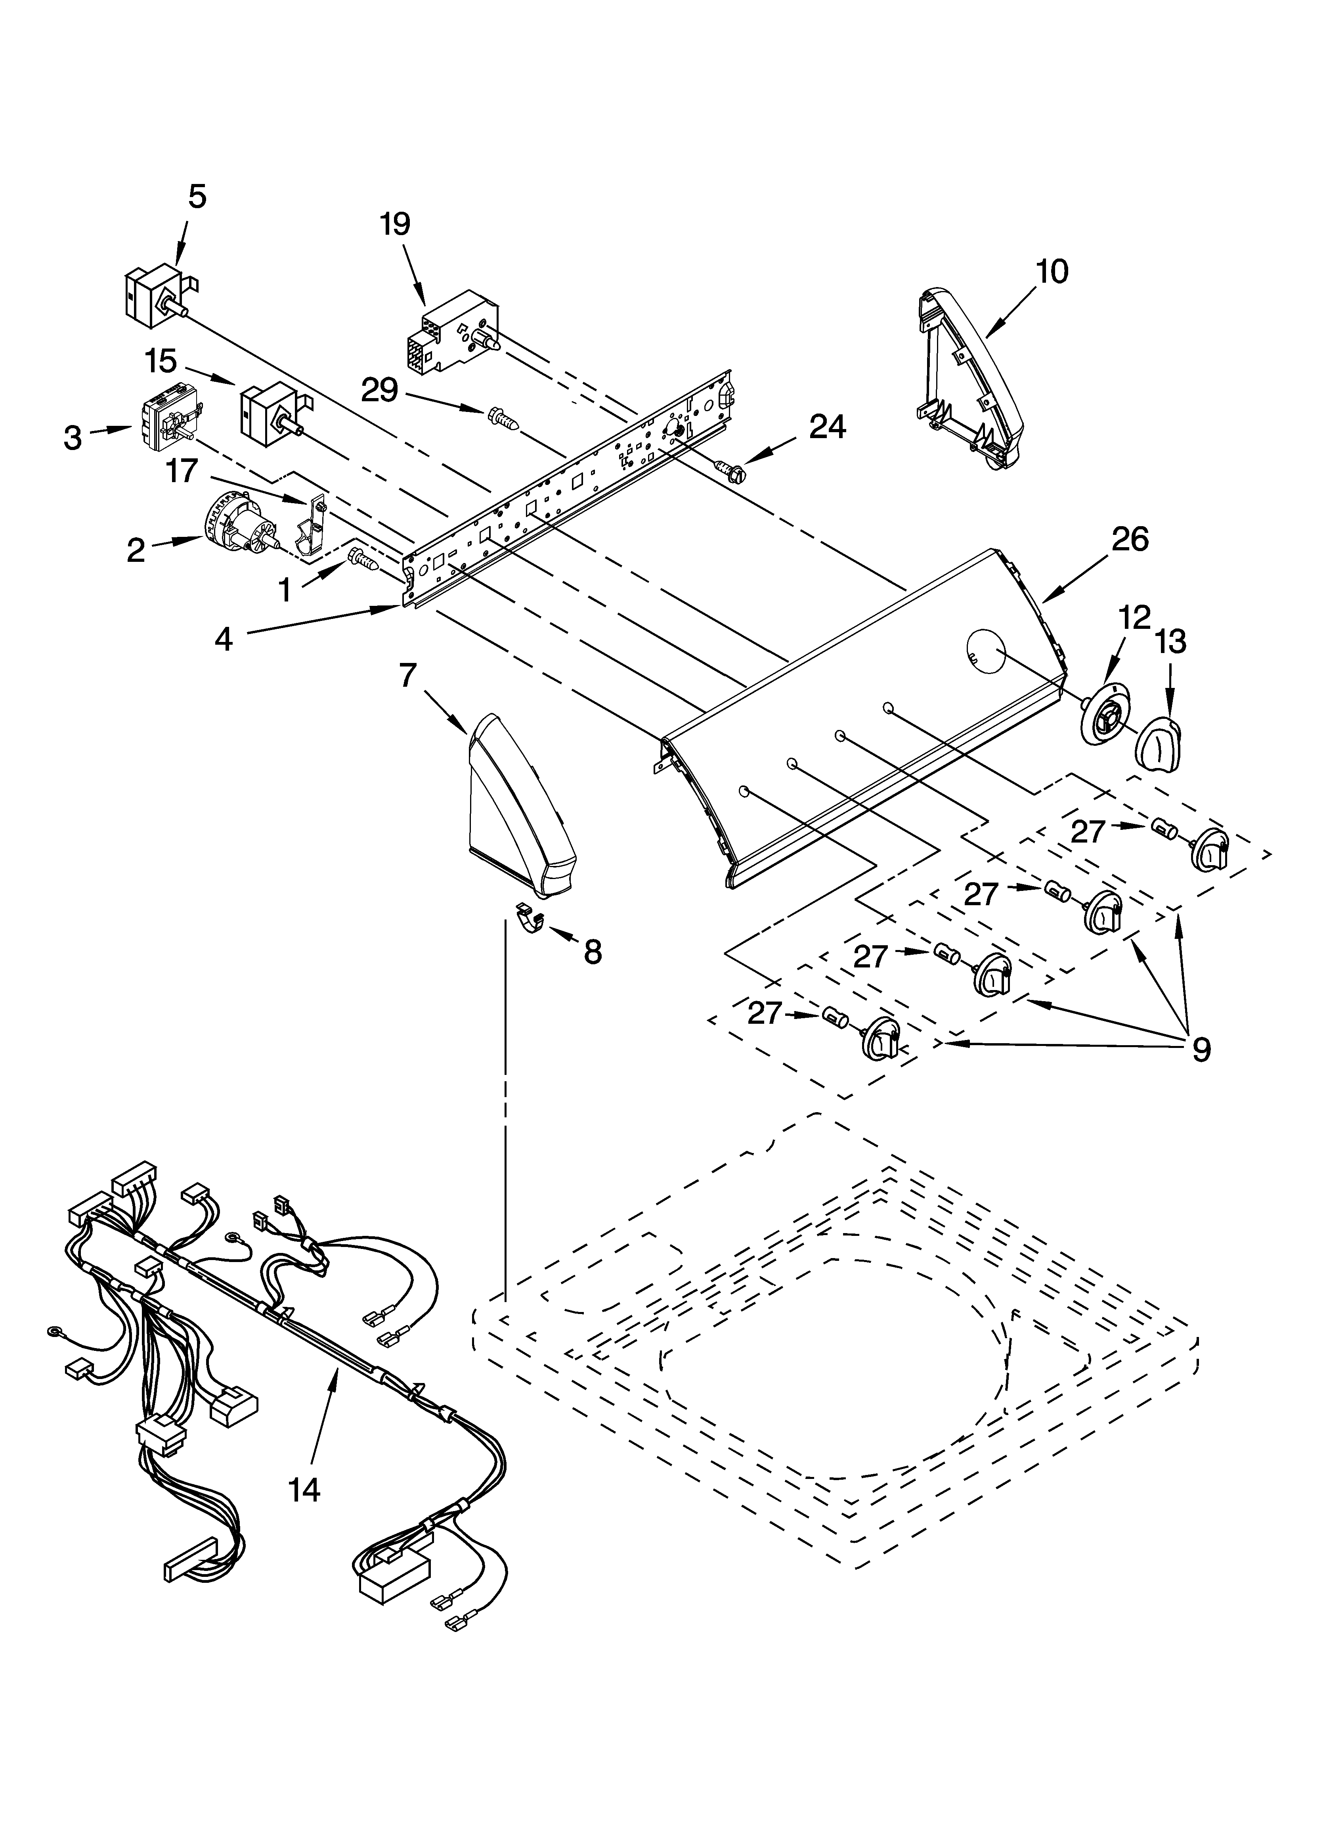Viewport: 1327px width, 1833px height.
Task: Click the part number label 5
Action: click(197, 196)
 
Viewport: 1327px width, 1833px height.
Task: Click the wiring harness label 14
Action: click(305, 1489)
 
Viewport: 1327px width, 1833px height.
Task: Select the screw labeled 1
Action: click(363, 559)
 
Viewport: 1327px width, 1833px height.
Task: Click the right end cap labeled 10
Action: click(970, 380)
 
